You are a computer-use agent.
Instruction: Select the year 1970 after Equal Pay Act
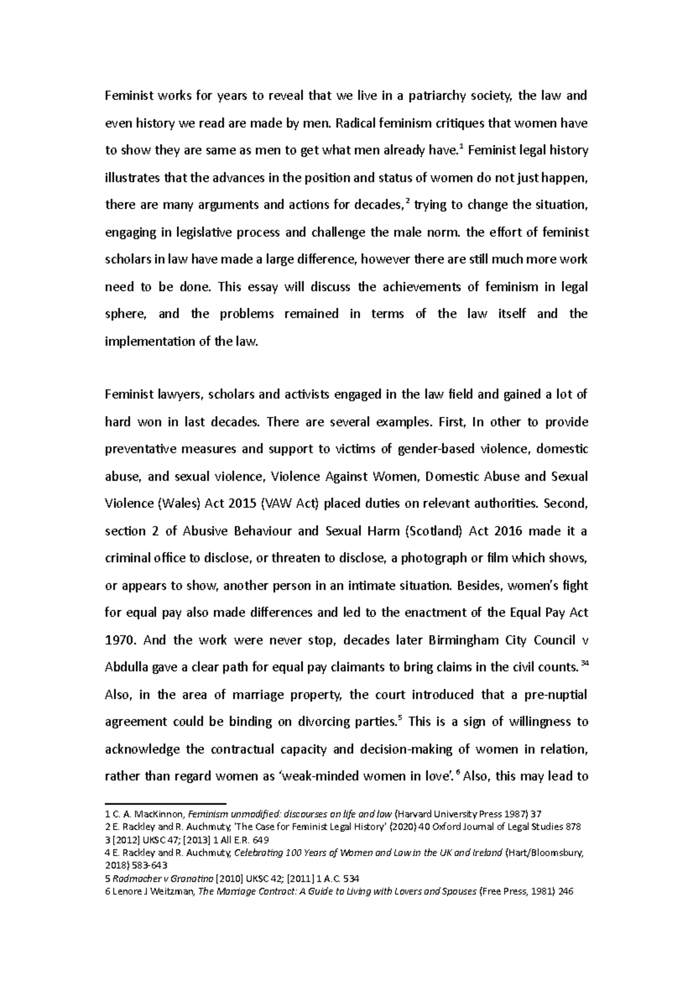[x=120, y=640]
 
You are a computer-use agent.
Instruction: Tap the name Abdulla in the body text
[x=126, y=667]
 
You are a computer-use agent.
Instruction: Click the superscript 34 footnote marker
[x=584, y=663]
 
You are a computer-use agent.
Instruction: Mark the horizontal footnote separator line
[x=165, y=803]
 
